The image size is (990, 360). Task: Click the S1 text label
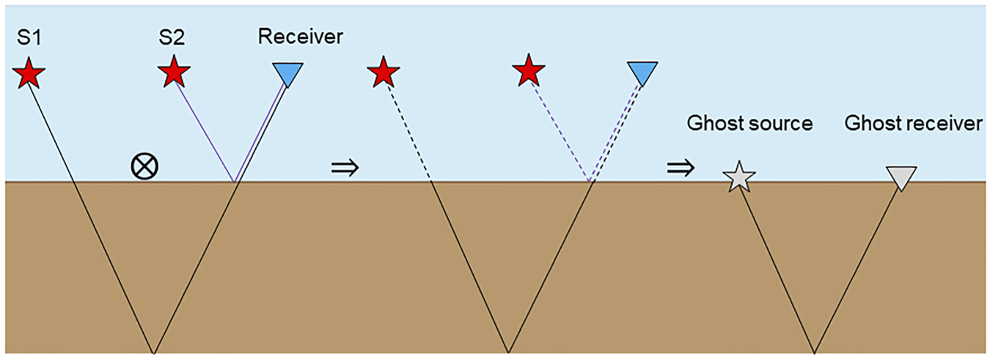(27, 37)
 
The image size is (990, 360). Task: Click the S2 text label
(172, 37)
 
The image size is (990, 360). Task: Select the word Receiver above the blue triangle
(300, 37)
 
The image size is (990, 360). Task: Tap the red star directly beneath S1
(29, 74)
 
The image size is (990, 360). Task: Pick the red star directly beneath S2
(174, 73)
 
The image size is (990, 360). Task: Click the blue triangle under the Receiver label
(287, 73)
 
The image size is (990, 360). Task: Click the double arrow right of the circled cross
(345, 168)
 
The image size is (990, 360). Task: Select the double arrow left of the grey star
(679, 168)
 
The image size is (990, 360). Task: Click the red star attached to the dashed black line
(383, 74)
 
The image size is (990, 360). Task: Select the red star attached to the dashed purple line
(529, 73)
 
